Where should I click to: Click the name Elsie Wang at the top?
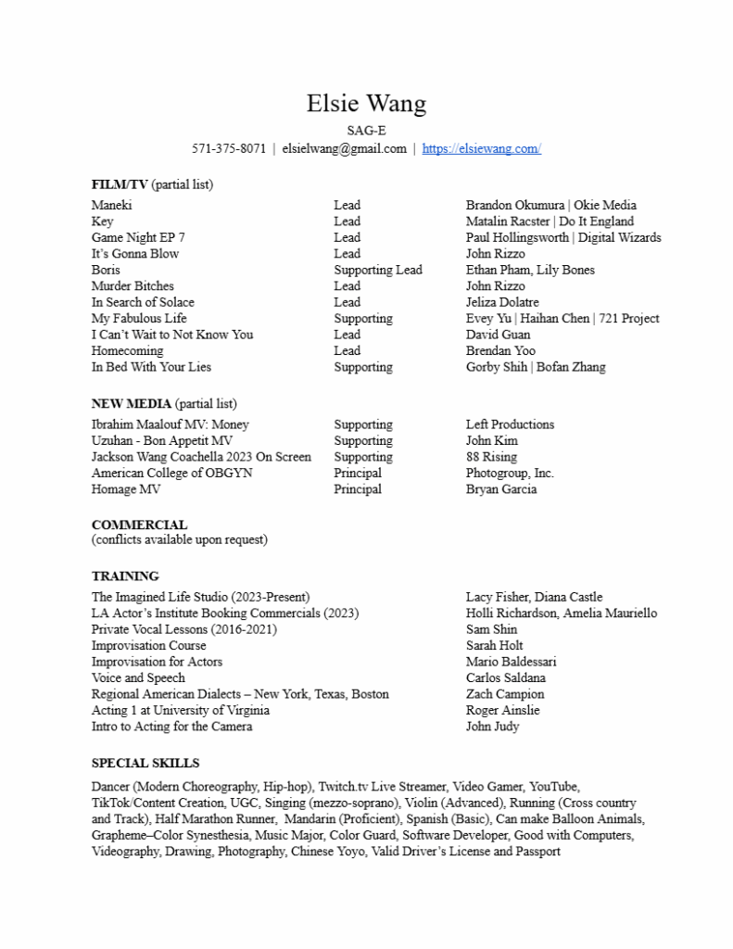366,103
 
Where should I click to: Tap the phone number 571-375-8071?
229,148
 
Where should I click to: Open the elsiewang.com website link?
481,148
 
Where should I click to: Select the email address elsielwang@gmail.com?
344,148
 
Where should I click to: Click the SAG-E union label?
366,131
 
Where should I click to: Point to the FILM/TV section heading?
120,184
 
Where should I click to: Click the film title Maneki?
112,205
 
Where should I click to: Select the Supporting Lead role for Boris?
377,270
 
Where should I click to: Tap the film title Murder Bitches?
133,286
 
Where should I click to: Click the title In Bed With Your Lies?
151,367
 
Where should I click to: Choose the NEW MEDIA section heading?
131,404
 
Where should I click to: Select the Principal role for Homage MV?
358,489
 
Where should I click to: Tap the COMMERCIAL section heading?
139,525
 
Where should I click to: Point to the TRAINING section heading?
125,576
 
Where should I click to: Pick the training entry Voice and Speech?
138,678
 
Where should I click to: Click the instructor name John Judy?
492,727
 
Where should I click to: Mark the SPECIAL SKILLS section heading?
145,764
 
